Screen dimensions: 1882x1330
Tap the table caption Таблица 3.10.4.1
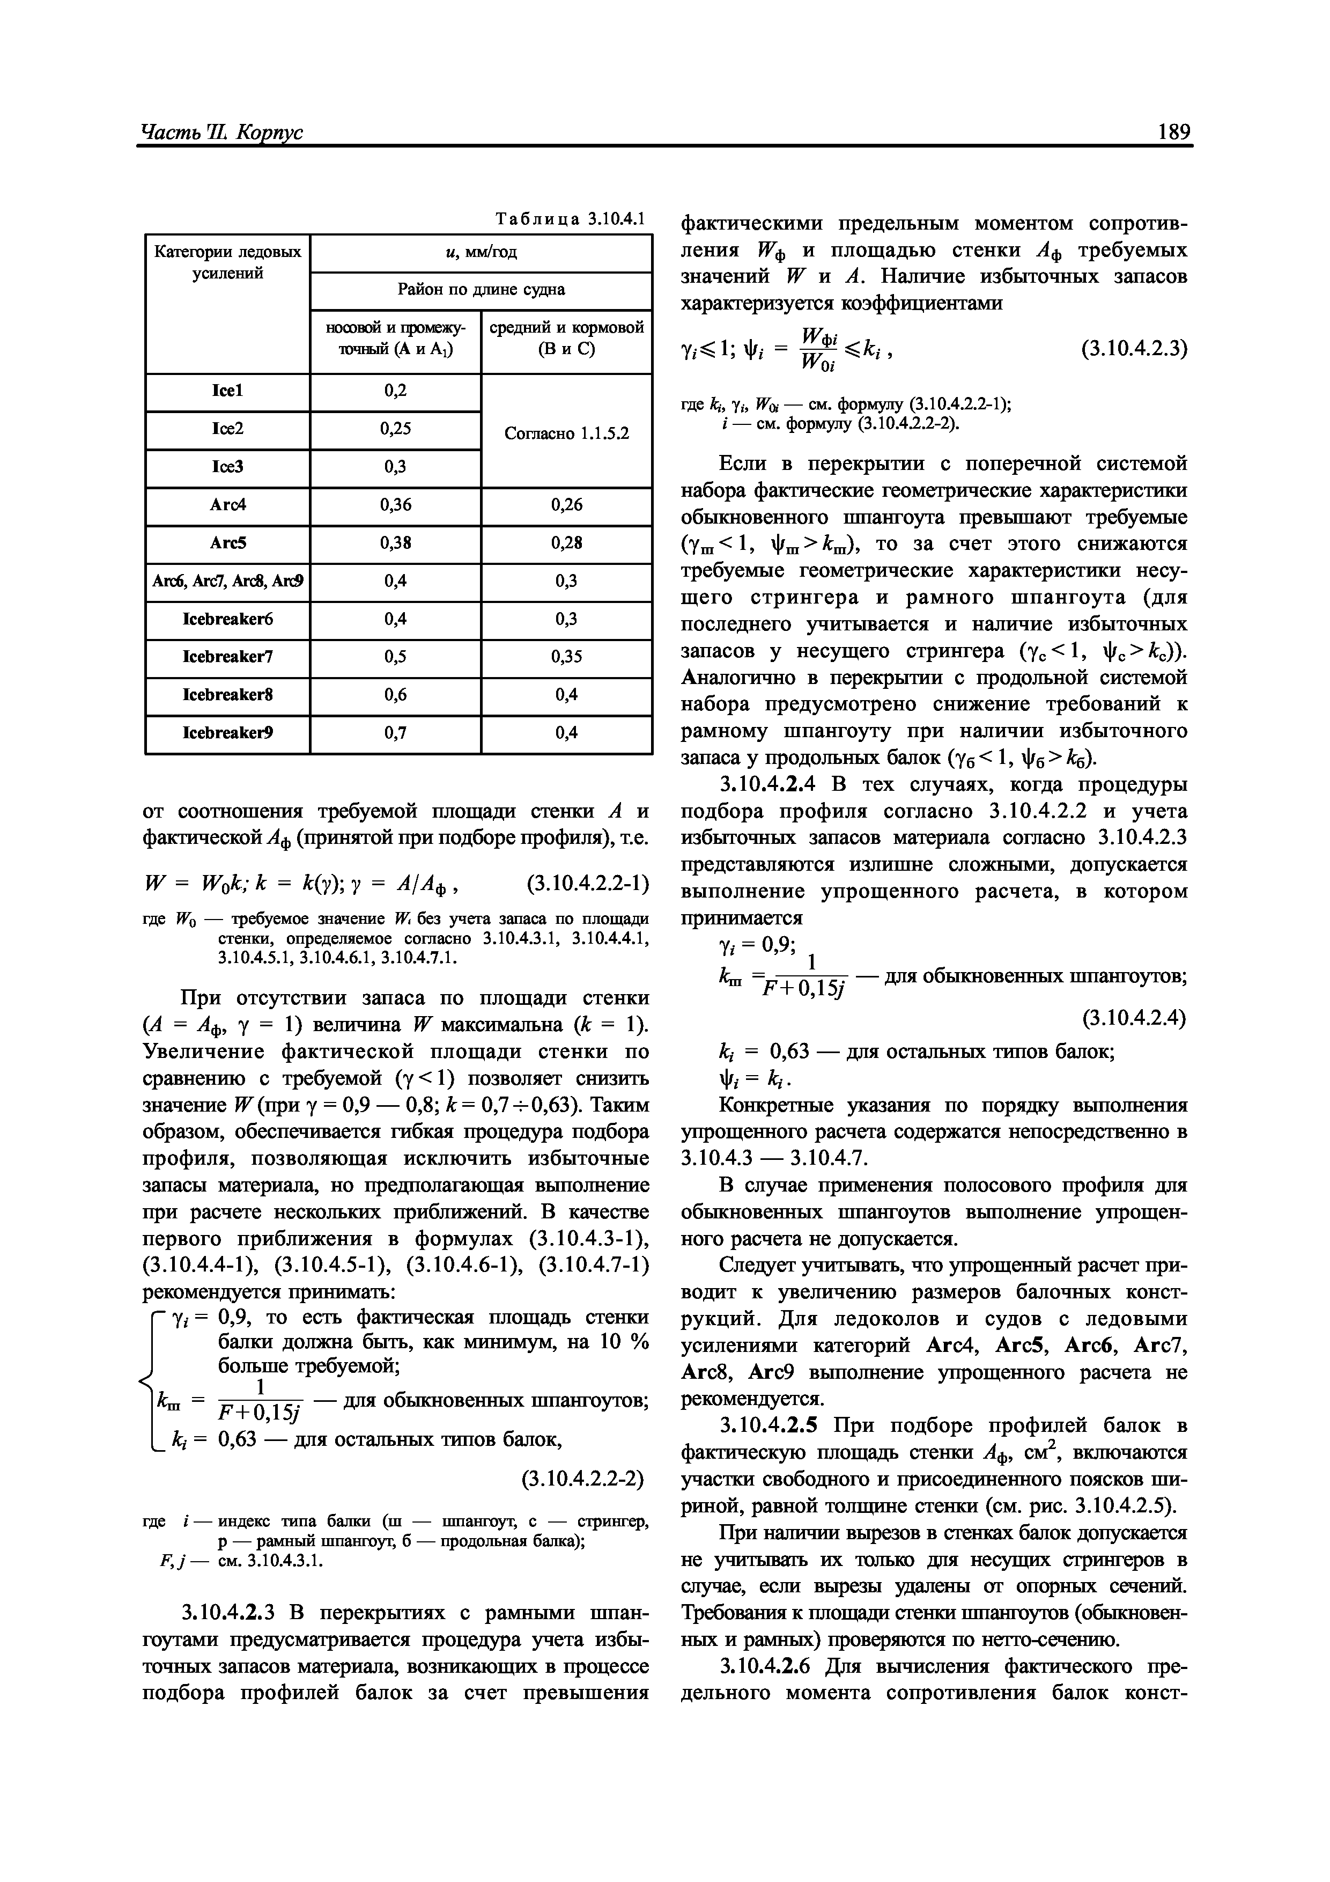coord(571,219)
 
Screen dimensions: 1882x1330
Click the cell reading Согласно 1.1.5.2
coord(566,432)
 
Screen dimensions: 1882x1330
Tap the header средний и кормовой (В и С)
coord(566,337)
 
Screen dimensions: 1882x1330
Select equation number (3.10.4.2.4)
coord(1133,1018)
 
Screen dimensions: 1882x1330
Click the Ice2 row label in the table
coord(228,429)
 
